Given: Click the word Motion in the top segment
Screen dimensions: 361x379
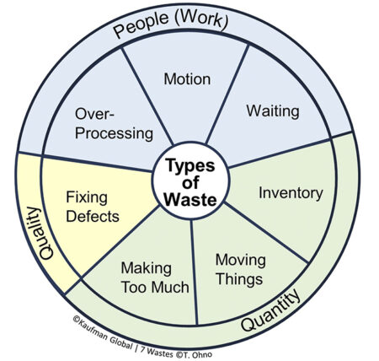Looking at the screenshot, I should [188, 80].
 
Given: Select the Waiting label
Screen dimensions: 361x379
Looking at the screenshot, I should [272, 110].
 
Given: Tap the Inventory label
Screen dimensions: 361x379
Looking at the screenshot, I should [291, 193].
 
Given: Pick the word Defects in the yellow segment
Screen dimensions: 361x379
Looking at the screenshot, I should [93, 216].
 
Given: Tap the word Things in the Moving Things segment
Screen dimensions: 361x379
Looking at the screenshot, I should [239, 277].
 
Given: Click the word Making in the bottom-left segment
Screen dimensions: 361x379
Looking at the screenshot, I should [145, 268].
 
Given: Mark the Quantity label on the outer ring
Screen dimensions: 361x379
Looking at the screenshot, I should [273, 315].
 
